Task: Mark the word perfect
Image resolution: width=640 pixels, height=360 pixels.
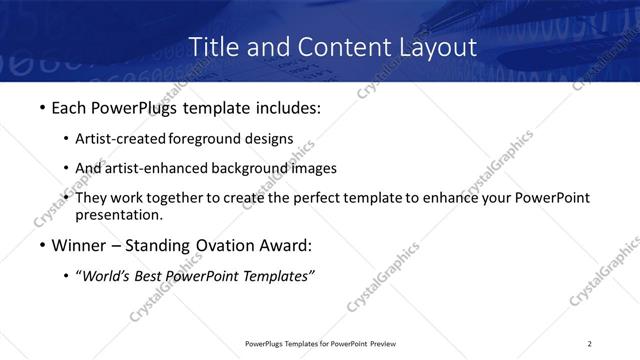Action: (x=327, y=198)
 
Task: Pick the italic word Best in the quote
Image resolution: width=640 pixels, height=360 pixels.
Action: (x=152, y=277)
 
